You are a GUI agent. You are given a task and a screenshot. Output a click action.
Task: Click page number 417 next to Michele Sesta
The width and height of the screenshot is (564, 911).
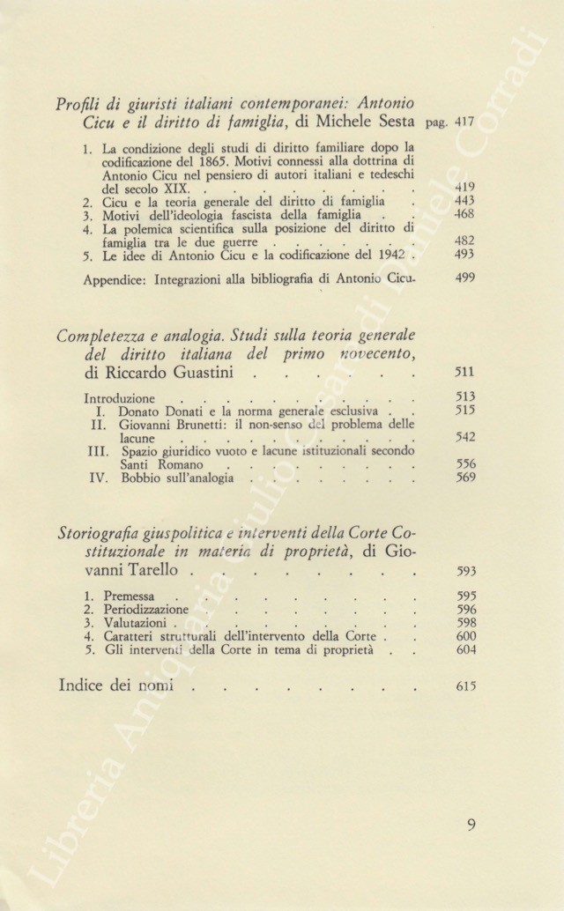[x=466, y=123]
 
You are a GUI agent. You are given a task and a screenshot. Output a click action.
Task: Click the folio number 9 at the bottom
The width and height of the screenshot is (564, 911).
[x=471, y=826]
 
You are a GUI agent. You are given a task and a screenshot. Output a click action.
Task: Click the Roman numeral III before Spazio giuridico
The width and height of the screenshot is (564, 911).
[x=100, y=451]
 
